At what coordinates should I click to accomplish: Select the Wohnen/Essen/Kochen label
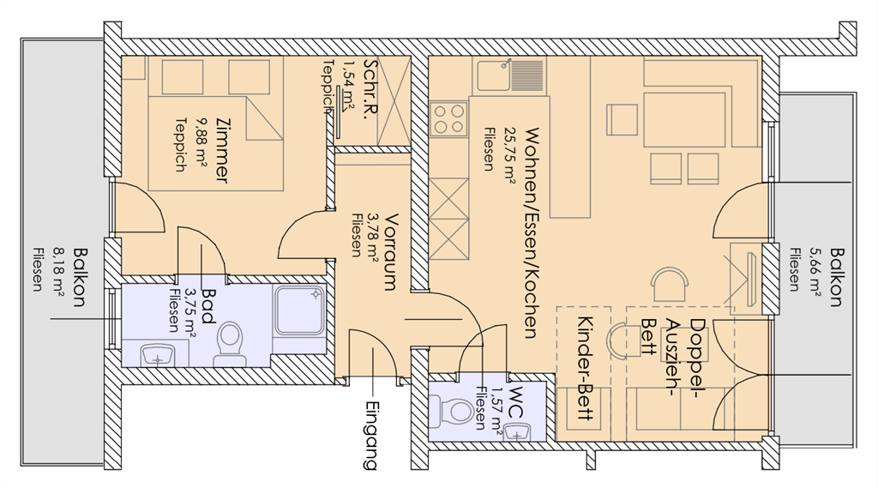(x=532, y=232)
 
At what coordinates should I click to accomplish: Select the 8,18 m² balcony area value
(x=59, y=274)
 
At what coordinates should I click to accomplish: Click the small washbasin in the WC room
(x=520, y=430)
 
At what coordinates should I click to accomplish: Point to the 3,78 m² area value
(x=371, y=234)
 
